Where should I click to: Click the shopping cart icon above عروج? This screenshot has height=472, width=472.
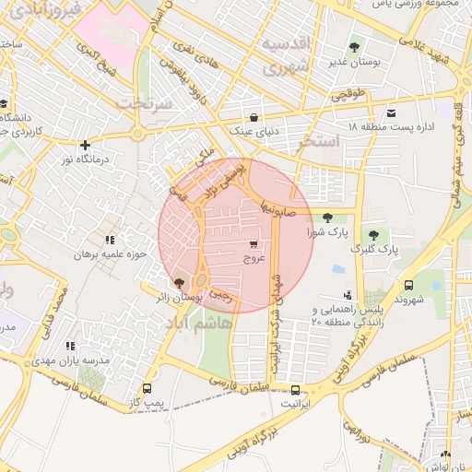253,244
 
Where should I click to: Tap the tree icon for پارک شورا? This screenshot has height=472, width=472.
329,218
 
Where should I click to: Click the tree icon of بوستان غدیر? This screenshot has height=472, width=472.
354,47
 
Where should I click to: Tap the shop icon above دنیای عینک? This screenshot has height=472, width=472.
255,116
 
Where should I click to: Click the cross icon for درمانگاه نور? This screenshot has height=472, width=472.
85,145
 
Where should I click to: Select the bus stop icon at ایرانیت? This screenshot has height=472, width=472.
295,389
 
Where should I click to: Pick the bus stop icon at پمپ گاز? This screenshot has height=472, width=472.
146,389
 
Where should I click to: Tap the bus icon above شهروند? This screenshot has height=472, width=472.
408,285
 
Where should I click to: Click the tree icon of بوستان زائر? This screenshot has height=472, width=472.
178,283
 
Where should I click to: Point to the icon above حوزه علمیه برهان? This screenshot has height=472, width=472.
111,240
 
